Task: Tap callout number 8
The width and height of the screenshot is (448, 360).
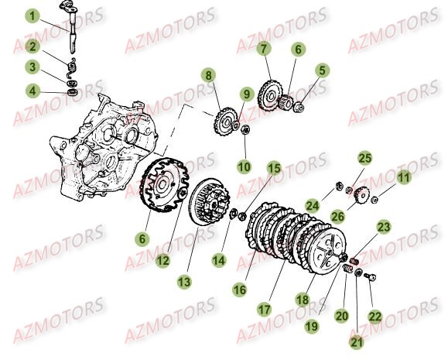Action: pyautogui.click(x=208, y=75)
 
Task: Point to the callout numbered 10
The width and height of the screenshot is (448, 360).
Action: pyautogui.click(x=245, y=166)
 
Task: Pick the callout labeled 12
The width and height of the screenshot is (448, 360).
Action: pyautogui.click(x=162, y=261)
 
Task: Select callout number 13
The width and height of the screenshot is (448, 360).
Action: pyautogui.click(x=183, y=283)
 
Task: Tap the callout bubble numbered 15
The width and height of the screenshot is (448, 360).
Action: pyautogui.click(x=274, y=168)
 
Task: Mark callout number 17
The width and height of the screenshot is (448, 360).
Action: pyautogui.click(x=264, y=308)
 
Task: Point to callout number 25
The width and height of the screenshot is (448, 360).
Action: pyautogui.click(x=363, y=158)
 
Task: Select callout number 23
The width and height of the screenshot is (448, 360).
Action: pyautogui.click(x=384, y=228)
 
